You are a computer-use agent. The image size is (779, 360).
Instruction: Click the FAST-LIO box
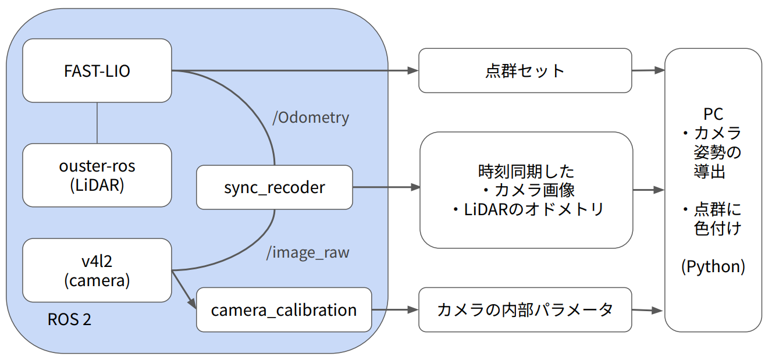[x=97, y=71]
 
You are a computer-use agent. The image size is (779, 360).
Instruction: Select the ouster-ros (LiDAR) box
[x=97, y=175]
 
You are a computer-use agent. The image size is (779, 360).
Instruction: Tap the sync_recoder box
[x=274, y=187]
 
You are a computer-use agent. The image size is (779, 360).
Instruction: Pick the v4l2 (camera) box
[x=97, y=270]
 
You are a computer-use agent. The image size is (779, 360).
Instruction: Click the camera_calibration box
[x=284, y=310]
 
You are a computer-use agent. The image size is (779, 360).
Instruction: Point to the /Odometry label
[x=311, y=117]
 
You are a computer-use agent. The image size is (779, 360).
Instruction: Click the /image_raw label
[x=308, y=253]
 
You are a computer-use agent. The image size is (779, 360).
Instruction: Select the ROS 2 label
[x=69, y=320]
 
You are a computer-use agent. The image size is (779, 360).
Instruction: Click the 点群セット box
[x=525, y=71]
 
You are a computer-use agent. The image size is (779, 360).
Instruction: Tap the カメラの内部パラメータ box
[x=525, y=310]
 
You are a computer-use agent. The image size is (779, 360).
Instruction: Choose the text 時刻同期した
[x=526, y=172]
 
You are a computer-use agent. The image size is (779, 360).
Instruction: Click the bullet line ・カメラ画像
[x=526, y=190]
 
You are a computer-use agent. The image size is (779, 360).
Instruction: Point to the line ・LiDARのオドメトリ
[x=526, y=209]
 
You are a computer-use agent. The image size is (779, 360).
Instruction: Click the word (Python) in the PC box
[x=713, y=266]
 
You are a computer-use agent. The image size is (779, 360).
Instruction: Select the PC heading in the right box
[x=713, y=114]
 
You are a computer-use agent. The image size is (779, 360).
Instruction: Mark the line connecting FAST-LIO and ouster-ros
[x=97, y=123]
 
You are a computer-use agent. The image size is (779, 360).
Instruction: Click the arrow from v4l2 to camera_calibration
[x=184, y=289]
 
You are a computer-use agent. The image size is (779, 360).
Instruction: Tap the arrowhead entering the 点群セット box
[x=414, y=71]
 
